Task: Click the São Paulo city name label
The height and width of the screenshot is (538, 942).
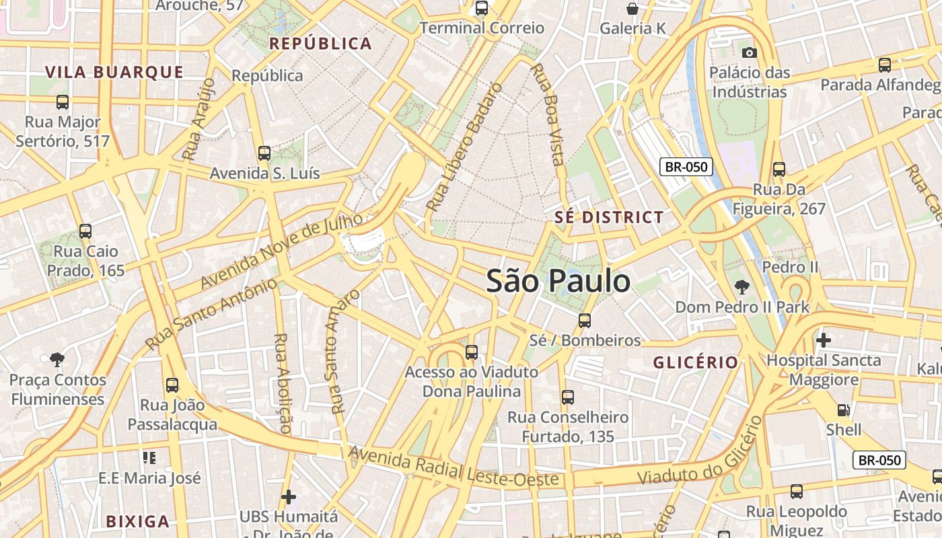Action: tap(558, 281)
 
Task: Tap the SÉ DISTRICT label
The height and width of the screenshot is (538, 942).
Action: tap(609, 217)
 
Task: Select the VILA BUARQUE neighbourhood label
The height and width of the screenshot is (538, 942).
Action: tap(114, 73)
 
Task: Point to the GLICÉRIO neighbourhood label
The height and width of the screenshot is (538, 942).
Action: tap(696, 362)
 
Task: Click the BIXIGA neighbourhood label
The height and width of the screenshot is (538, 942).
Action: tap(137, 521)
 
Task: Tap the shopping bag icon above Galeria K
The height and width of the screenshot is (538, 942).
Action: tap(632, 9)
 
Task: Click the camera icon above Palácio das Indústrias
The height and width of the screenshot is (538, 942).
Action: tap(749, 52)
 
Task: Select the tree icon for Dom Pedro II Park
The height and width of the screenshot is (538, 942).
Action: tap(741, 287)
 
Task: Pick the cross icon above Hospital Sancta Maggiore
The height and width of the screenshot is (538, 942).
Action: tap(823, 340)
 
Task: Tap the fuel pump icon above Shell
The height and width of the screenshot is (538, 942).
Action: tap(843, 410)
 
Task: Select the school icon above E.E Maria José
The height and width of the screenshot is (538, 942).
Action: tap(149, 458)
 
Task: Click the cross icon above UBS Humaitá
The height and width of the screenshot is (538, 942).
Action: tap(289, 497)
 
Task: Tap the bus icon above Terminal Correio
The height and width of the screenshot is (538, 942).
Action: tap(481, 8)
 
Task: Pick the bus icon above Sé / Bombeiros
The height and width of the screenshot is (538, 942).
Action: tap(585, 321)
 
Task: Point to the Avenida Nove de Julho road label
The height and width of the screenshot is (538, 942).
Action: tap(282, 249)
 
